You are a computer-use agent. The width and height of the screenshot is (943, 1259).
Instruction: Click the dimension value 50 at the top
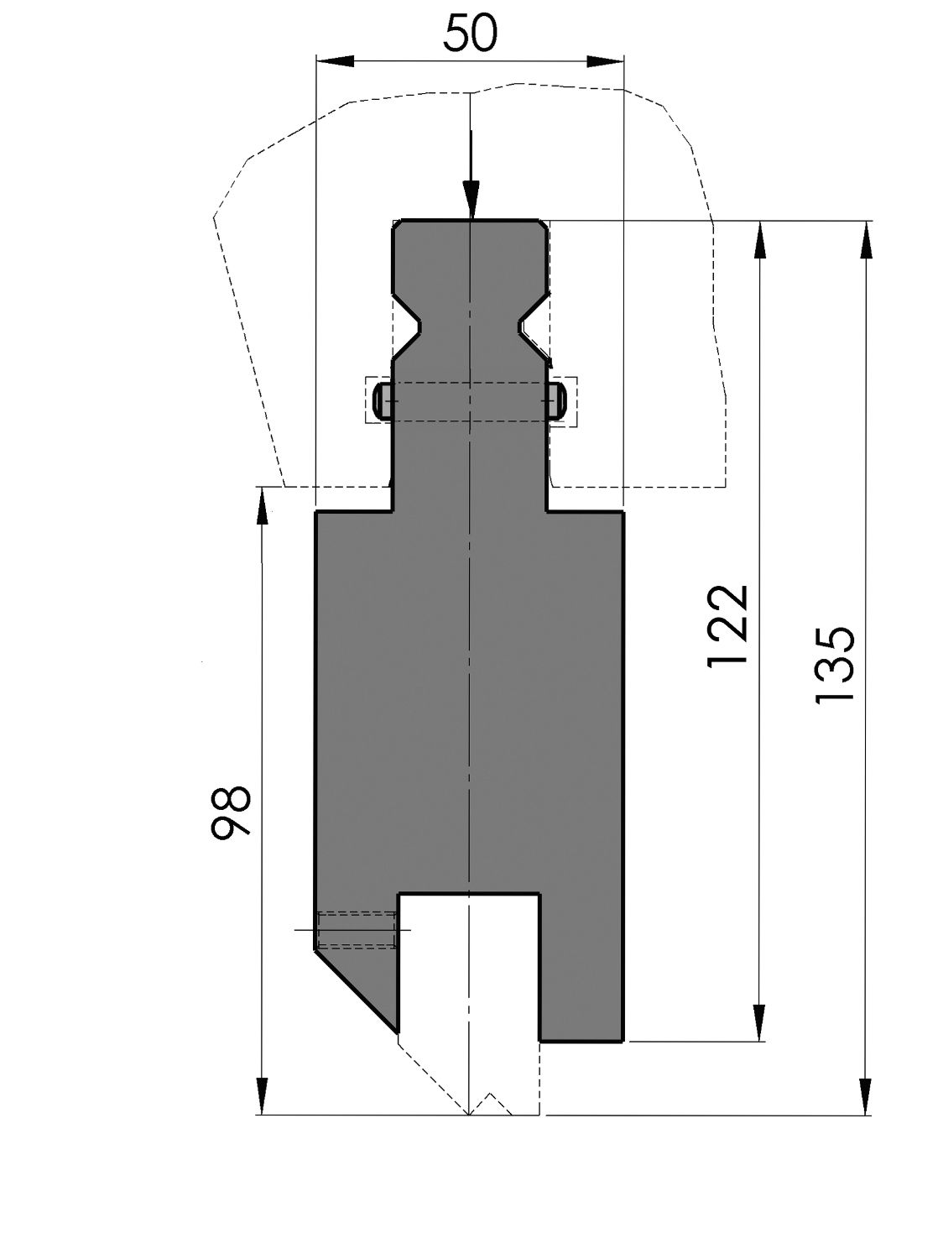click(470, 34)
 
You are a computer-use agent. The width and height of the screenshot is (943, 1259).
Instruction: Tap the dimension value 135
click(835, 664)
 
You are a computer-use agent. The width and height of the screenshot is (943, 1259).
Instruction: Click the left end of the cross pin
click(382, 401)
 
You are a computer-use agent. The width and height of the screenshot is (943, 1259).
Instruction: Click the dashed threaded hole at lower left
click(357, 930)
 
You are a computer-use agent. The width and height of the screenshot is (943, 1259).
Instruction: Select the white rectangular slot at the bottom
click(468, 965)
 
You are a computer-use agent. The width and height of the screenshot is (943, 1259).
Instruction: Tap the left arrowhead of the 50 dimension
click(332, 60)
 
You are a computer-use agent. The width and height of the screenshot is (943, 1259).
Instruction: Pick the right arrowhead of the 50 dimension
click(607, 60)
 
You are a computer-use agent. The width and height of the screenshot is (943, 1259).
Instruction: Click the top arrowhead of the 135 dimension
click(865, 239)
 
